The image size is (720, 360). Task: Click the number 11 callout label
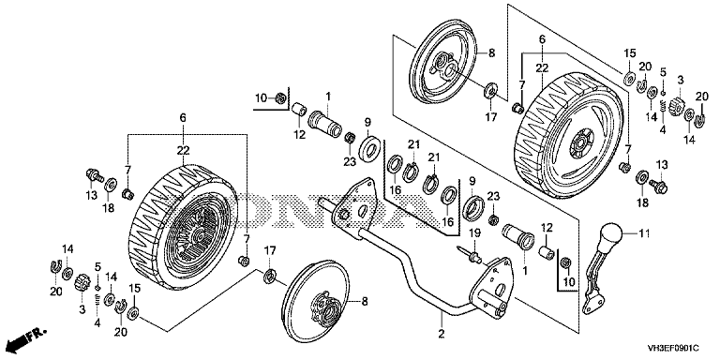645,234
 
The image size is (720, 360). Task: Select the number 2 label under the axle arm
442,334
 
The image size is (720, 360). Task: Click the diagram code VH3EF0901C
673,348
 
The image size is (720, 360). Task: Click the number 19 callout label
473,233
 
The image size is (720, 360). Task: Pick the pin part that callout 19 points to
469,255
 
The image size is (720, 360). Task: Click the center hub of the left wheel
199,236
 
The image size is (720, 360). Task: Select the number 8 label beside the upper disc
492,52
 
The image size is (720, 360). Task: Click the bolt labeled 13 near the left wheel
94,175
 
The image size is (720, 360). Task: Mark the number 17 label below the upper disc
491,117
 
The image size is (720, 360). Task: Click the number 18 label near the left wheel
108,208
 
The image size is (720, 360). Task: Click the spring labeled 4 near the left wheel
97,301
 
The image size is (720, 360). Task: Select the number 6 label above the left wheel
183,118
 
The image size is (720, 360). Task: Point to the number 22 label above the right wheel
542,67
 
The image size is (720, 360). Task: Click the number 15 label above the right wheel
630,53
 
